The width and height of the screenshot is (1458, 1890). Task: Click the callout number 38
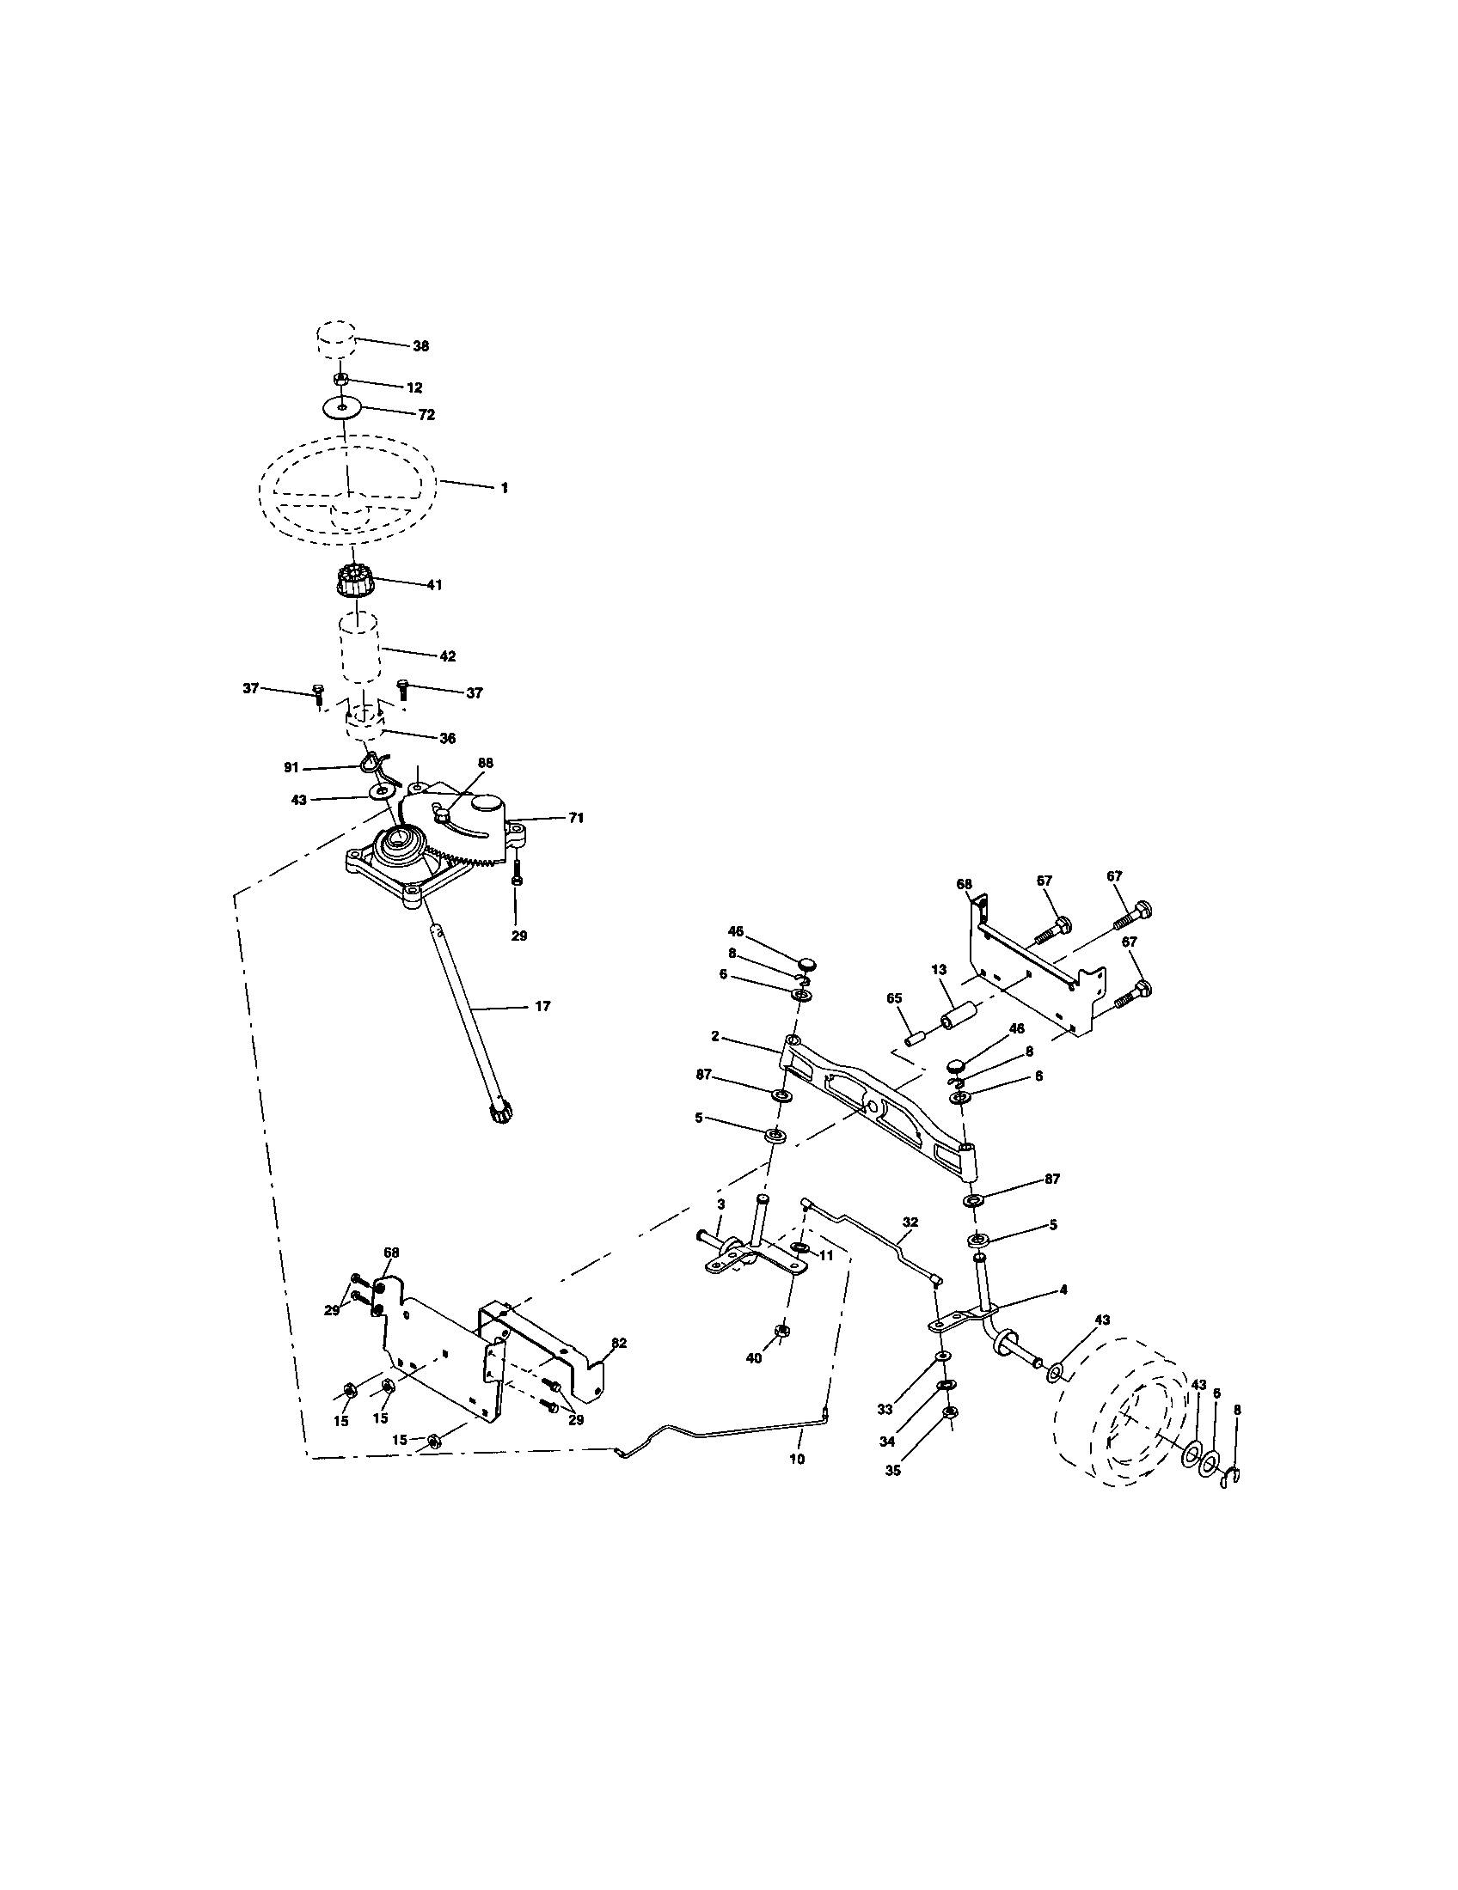[420, 345]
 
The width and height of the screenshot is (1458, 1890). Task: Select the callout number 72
[426, 415]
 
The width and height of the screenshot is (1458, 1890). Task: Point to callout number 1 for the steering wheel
[504, 488]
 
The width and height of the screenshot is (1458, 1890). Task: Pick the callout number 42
[447, 656]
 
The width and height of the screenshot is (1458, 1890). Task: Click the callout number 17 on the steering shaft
[542, 1007]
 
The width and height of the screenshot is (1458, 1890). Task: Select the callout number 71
[576, 818]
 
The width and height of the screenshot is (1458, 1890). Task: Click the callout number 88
[485, 762]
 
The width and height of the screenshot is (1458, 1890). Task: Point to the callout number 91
[291, 765]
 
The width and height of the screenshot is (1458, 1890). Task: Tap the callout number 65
[894, 997]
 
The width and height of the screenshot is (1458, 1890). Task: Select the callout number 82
[618, 1342]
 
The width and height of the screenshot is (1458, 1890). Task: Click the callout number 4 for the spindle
[1063, 1289]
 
